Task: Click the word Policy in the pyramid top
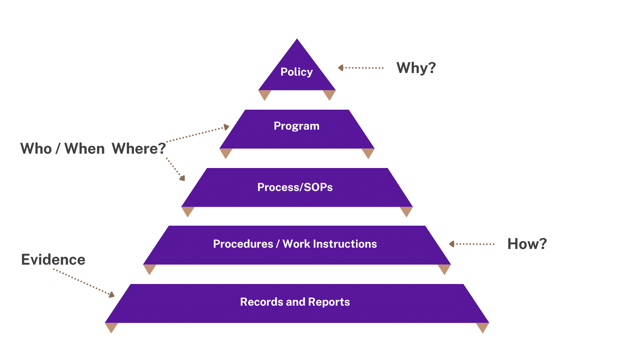pos(296,72)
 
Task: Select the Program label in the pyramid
pos(296,126)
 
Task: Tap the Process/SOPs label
pos(295,187)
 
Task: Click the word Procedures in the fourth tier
pos(243,244)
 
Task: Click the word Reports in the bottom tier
pos(329,302)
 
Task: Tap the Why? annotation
pos(416,68)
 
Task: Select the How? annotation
pos(527,244)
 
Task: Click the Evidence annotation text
pos(53,260)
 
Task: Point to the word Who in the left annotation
pos(36,149)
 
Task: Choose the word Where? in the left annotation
pos(139,149)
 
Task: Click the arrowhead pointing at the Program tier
pos(226,127)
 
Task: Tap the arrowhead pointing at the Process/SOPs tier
pos(182,178)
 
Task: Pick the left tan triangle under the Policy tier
pos(265,95)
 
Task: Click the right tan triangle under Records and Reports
pos(482,327)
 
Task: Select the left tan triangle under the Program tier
pos(226,153)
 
